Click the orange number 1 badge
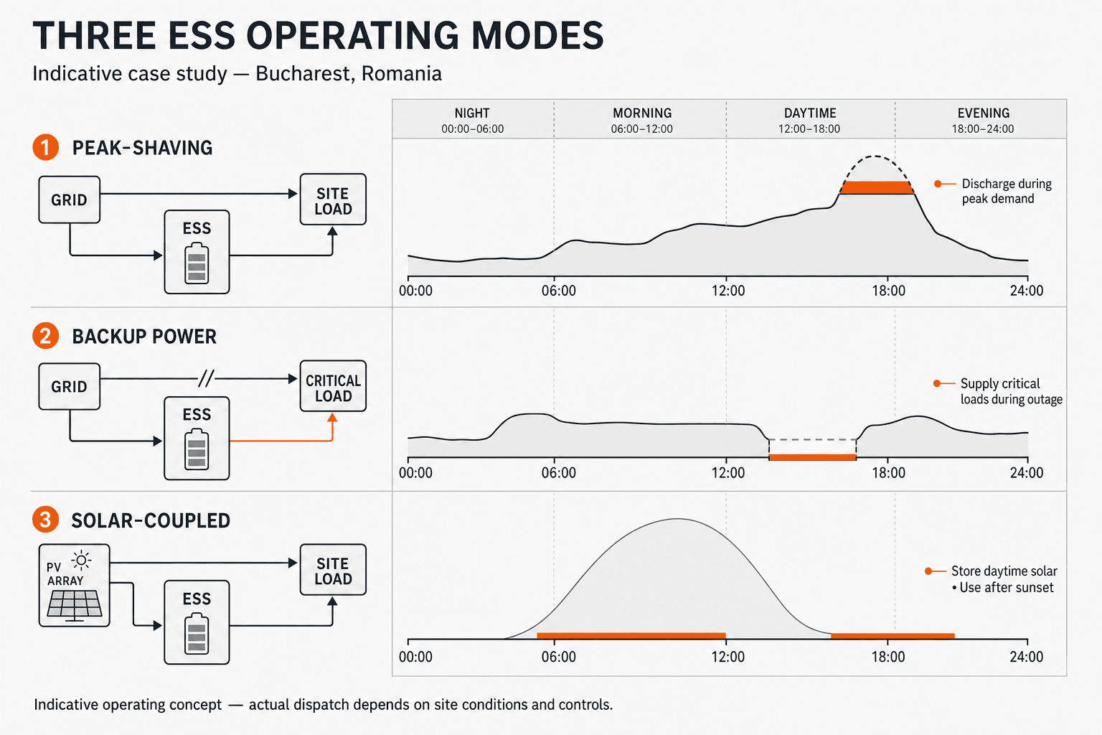point(46,147)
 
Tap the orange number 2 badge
point(46,336)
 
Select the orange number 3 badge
point(46,520)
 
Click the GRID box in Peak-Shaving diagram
point(70,200)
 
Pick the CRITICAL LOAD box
point(333,386)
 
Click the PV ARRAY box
point(75,585)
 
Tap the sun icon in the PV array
point(81,561)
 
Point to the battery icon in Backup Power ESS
point(197,449)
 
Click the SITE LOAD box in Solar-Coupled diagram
point(333,570)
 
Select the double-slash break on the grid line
point(206,378)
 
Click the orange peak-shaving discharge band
point(876,187)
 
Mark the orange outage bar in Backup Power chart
point(812,457)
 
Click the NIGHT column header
point(472,120)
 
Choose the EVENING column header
point(983,120)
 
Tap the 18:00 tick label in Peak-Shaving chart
point(888,291)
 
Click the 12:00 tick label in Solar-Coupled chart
point(728,657)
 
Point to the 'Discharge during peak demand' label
point(1007,191)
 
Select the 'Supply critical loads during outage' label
point(1012,391)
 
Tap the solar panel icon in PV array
point(75,605)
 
